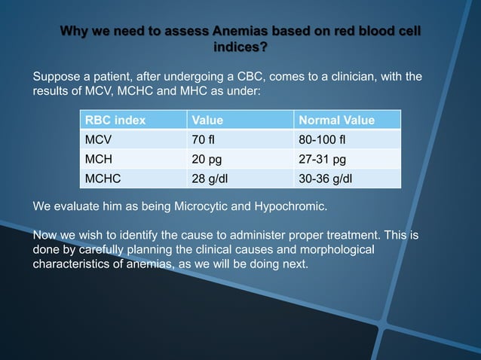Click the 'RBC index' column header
coord(115,120)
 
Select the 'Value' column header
coord(207,120)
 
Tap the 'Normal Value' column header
coord(337,120)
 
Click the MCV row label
coord(98,140)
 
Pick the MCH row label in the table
coord(98,160)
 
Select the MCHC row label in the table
coord(102,179)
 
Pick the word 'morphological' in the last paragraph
coord(337,249)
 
